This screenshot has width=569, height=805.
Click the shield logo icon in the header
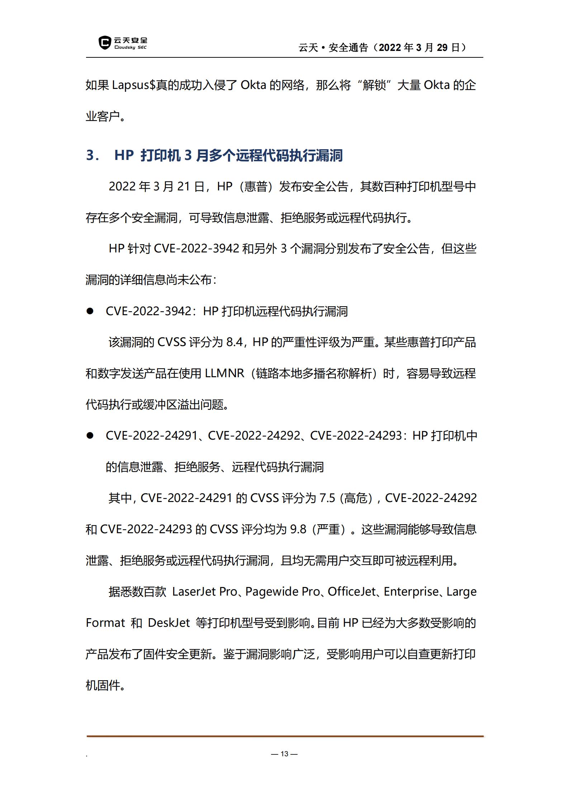[x=104, y=43]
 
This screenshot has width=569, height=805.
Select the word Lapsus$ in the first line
[x=133, y=85]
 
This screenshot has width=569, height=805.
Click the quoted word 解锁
[x=374, y=85]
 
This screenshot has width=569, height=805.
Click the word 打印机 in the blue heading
[x=160, y=156]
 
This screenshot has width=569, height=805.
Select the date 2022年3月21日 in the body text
[x=156, y=186]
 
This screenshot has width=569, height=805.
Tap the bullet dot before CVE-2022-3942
[x=90, y=311]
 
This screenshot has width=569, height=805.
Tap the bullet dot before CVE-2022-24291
[x=90, y=436]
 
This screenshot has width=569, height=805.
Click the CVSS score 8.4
[x=234, y=342]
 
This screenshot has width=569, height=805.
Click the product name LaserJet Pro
[x=204, y=592]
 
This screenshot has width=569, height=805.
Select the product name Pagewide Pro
[x=282, y=592]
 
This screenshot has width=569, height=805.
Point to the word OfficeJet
[x=351, y=592]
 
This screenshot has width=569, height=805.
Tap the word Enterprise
[x=411, y=592]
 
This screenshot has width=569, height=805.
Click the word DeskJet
[x=169, y=623]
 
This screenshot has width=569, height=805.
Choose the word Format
[x=105, y=623]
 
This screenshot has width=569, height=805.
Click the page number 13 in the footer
[x=284, y=754]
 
